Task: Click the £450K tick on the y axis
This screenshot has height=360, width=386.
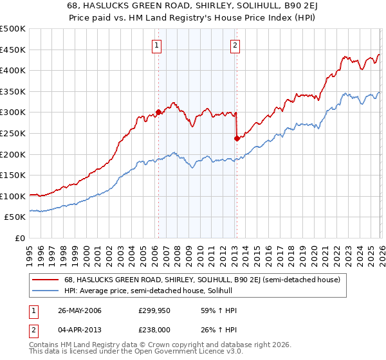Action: coord(14,50)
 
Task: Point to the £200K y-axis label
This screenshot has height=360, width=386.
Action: coord(14,154)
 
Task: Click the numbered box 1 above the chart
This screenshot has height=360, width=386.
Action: coord(158,45)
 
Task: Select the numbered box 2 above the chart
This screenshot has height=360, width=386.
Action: coord(235,45)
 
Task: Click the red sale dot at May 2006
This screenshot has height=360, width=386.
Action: coord(158,112)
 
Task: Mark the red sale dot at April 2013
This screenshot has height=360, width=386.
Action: coord(237,138)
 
